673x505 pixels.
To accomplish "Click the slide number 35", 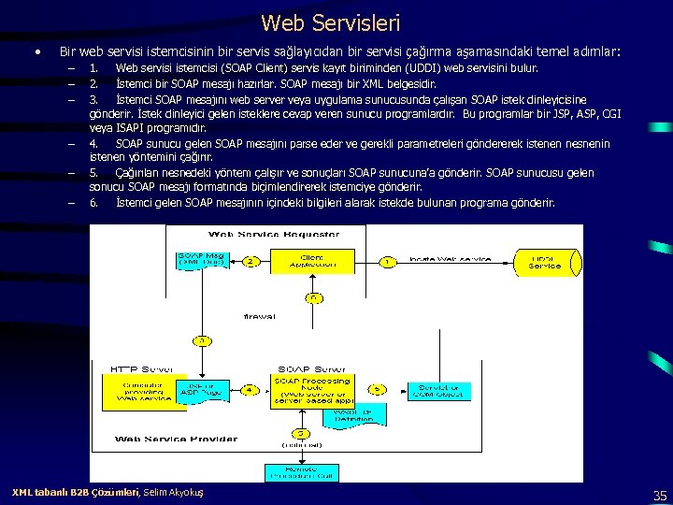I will [659, 495].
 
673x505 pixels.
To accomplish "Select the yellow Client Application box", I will [311, 262].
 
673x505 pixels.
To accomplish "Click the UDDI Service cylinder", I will [544, 262].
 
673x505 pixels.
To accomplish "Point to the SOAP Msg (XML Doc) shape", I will [202, 260].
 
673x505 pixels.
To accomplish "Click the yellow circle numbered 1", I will [386, 262].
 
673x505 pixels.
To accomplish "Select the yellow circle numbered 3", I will [202, 340].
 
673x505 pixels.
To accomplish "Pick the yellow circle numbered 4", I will [250, 389].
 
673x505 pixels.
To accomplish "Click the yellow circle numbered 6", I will [313, 298].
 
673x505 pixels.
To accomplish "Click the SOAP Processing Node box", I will [312, 391].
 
